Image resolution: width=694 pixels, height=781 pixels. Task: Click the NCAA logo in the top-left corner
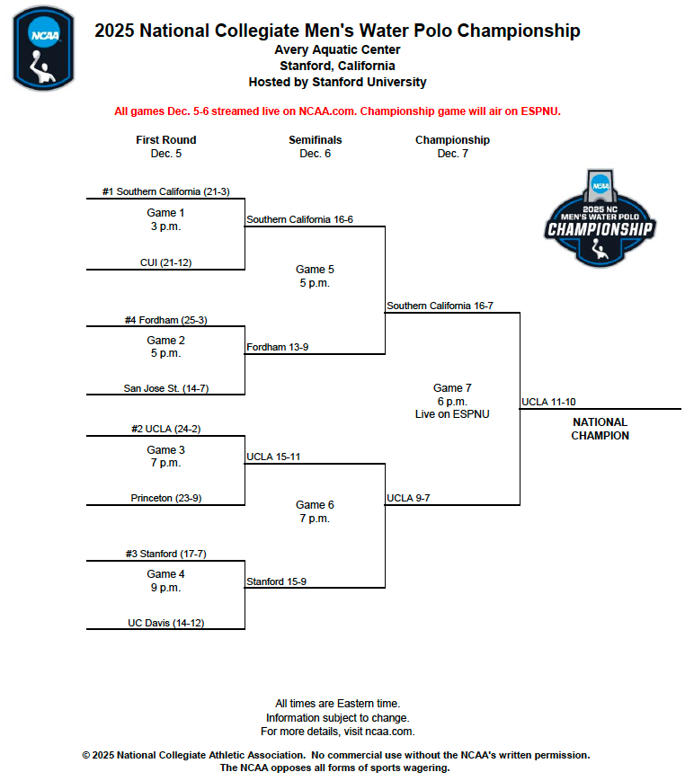point(42,48)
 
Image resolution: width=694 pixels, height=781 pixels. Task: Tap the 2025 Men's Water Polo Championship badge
point(600,218)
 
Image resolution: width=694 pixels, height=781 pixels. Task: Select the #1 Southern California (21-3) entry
point(165,191)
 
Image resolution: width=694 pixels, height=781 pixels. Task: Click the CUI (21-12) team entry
point(165,262)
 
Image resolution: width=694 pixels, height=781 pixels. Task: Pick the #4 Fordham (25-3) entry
point(165,320)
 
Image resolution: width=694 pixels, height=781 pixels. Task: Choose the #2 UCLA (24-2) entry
point(165,430)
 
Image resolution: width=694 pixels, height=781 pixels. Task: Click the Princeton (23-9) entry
point(165,498)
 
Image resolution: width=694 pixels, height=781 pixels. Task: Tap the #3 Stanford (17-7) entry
point(165,554)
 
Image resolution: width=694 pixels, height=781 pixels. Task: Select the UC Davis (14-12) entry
point(165,622)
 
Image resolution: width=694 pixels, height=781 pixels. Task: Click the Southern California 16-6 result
point(299,219)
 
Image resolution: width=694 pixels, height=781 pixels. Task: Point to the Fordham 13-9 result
point(278,347)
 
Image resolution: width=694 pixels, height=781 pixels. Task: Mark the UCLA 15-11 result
point(273,457)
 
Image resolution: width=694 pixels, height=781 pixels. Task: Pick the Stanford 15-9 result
point(276,581)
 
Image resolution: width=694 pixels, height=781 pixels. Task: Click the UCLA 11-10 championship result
point(548,402)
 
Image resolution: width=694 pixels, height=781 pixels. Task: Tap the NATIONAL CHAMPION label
point(600,429)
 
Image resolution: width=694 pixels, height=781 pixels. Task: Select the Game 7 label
point(452,388)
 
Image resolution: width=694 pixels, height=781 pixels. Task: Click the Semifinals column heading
point(315,140)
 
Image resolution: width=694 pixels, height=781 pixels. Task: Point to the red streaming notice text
point(337,111)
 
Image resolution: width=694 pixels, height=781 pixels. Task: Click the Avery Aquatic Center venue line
point(337,50)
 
